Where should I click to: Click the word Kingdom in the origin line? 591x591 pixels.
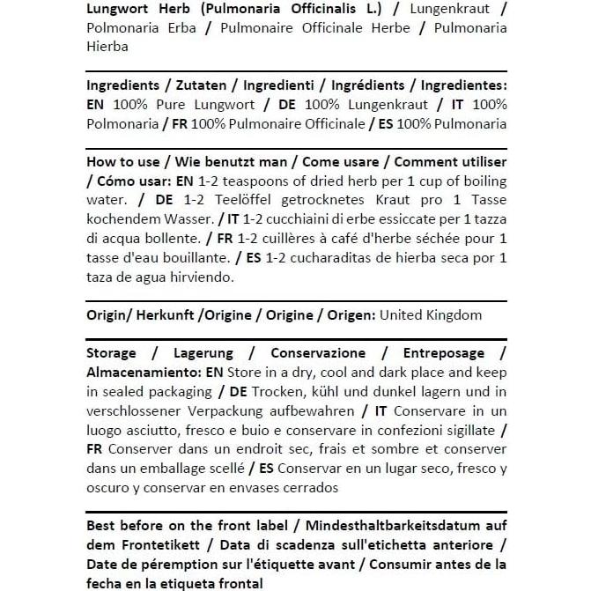(x=451, y=314)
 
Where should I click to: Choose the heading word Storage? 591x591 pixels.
(x=112, y=353)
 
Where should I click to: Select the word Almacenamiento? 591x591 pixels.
(x=143, y=373)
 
